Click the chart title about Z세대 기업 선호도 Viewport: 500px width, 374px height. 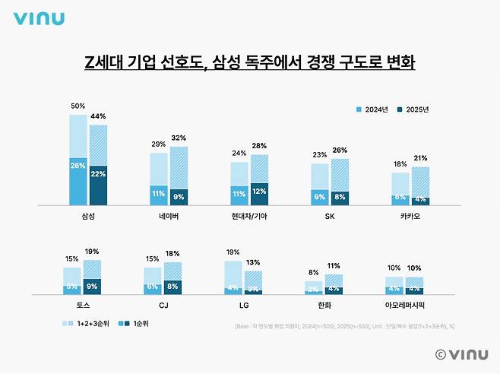[249, 62]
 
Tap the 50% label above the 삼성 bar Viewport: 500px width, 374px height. [78, 107]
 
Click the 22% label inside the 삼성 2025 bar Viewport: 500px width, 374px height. [98, 174]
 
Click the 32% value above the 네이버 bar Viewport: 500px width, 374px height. [178, 138]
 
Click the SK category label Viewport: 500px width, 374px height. [330, 216]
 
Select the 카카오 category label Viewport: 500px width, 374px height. [410, 216]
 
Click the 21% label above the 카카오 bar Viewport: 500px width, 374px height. [420, 157]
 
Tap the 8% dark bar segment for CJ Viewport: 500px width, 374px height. [172, 287]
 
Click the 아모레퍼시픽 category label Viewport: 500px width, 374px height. [404, 306]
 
